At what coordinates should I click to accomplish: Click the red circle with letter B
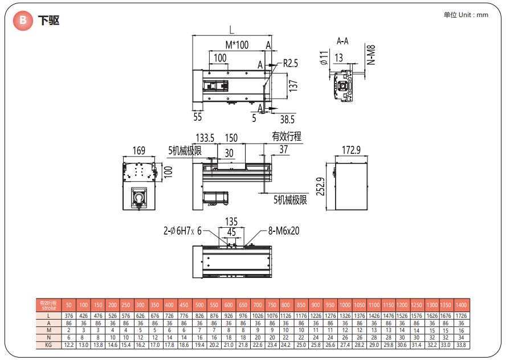[22, 21]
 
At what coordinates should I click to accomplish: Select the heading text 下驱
[49, 21]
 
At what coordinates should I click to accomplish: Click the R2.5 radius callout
[291, 63]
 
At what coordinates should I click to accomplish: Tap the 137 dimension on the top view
[293, 85]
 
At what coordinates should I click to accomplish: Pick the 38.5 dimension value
[287, 119]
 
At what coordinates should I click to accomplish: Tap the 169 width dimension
[138, 151]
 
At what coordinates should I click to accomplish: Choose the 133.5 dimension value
[205, 138]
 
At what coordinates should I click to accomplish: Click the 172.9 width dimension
[352, 150]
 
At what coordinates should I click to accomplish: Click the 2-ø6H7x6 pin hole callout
[182, 231]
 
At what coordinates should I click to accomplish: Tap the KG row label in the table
[48, 345]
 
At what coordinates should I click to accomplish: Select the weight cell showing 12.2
[69, 345]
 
